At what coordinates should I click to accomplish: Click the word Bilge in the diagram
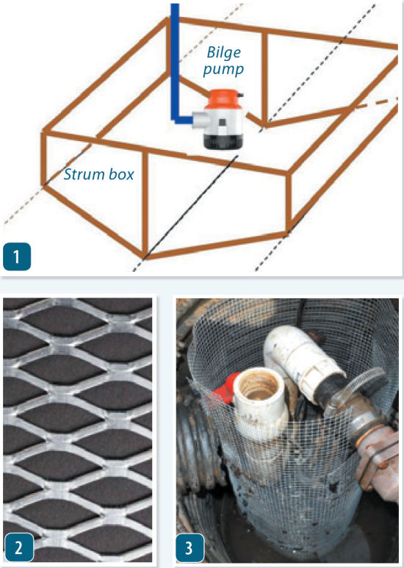tap(224, 53)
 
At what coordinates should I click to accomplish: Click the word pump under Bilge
tap(223, 69)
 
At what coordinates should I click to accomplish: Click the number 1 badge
tap(17, 257)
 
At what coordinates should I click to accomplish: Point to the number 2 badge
tap(19, 547)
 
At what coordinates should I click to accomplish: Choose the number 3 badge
tap(190, 547)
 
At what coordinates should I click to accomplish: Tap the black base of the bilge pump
tap(223, 141)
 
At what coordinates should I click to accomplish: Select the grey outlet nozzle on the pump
tap(199, 119)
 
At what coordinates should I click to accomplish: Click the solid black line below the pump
tap(191, 207)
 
